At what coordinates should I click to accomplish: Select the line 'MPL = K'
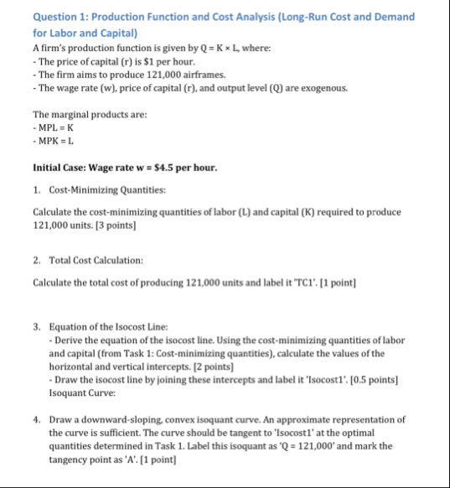coord(58,127)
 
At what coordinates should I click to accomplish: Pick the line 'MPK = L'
coord(58,140)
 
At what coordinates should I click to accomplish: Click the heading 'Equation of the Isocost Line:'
coord(109,326)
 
